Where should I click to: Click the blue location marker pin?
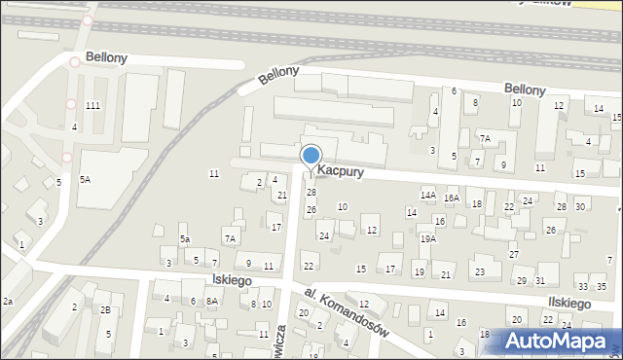coord(311,158)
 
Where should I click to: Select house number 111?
coord(92,105)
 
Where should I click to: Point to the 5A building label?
coord(86,179)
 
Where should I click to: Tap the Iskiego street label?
coord(232,280)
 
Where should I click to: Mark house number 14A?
coord(427,196)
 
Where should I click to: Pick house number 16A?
coord(452,198)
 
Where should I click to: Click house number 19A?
coord(428,238)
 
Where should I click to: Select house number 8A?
coord(211,302)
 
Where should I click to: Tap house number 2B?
coord(105,310)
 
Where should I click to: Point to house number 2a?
coord(7,302)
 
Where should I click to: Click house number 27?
coord(514,255)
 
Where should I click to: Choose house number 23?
coord(479,271)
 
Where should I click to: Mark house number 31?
coord(539,281)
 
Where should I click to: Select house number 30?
coord(580,206)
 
